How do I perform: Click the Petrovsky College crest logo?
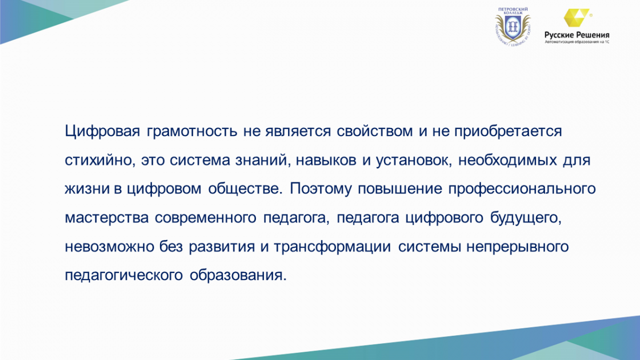pos(513,27)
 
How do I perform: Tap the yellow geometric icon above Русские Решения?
pos(577,18)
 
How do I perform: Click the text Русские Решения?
pos(577,35)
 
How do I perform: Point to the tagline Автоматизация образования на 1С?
pos(577,42)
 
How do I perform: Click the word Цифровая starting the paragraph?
pos(102,131)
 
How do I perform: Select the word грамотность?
pos(192,132)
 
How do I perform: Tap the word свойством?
pos(374,131)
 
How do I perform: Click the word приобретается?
pos(508,132)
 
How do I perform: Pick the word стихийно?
pos(100,159)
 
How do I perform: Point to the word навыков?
pos(326,160)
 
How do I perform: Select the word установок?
pos(414,161)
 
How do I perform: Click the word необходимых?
pos(507,160)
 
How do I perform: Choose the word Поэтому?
pos(321,189)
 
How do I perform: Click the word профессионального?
pos(522,189)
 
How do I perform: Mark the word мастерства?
pos(107,218)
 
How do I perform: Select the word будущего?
pos(526,218)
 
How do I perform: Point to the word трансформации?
pos(332,246)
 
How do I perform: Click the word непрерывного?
pos(517,246)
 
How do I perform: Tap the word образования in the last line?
pos(238,275)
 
